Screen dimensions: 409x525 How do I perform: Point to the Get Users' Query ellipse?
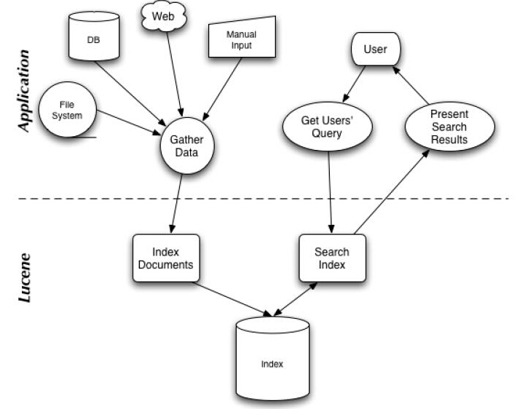coord(326,125)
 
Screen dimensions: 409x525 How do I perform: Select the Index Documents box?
coord(165,258)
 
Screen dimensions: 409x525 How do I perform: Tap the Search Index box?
coord(332,258)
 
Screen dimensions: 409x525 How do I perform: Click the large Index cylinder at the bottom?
coord(272,361)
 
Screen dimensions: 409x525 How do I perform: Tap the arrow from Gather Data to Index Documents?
coord(175,203)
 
